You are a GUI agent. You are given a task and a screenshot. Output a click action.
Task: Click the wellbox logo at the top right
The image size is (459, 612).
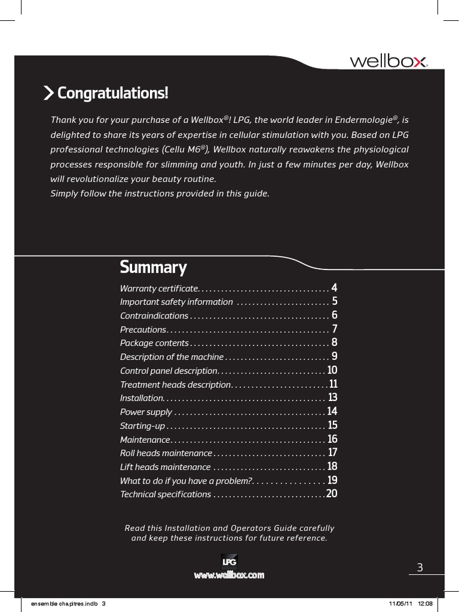[x=388, y=62]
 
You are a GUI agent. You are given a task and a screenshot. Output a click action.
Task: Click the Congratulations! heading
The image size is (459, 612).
[x=112, y=93]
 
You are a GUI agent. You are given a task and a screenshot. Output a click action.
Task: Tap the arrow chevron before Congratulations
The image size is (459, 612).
[x=48, y=93]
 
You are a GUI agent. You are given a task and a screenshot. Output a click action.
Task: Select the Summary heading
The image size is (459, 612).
[x=153, y=267]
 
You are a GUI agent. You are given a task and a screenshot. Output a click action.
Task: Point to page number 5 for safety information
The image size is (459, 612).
[x=335, y=301]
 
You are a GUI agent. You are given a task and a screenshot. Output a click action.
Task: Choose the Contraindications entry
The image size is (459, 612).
[x=154, y=316]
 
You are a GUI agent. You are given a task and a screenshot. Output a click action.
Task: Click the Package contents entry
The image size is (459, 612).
[x=154, y=343]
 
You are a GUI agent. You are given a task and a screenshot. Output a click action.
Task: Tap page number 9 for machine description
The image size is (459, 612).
[x=335, y=357]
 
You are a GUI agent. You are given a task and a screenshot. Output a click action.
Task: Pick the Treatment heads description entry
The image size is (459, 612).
[x=175, y=384]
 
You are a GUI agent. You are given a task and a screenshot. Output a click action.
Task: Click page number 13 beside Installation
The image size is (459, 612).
[x=333, y=397]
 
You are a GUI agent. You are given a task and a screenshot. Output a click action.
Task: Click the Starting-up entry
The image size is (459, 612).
[x=142, y=426]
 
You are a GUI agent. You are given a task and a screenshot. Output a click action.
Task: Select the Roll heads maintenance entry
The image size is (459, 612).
[x=166, y=453]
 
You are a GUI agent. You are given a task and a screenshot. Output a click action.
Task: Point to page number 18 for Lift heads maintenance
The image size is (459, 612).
[x=332, y=467]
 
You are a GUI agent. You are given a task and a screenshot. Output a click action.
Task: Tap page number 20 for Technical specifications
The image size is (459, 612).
[x=332, y=494]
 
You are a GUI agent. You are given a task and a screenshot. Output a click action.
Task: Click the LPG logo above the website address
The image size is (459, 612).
[x=229, y=562]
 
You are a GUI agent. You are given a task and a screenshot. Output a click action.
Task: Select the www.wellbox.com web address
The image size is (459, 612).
[x=229, y=575]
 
